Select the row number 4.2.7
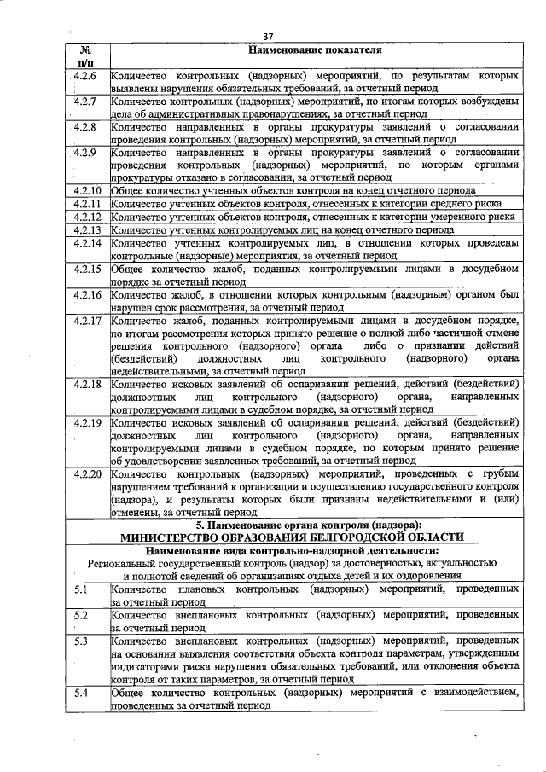tap(86, 102)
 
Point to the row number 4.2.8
tap(86, 127)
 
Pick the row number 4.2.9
tap(86, 153)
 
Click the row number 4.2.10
tap(89, 190)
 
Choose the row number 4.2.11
tap(89, 204)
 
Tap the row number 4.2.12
tap(89, 217)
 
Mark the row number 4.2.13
tap(89, 229)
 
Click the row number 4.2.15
tap(89, 269)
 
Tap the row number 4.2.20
tap(89, 473)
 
